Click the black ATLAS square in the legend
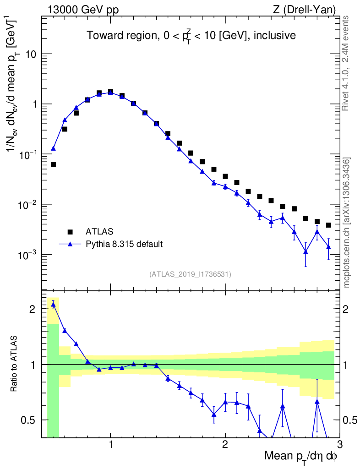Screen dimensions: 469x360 coord(70,231)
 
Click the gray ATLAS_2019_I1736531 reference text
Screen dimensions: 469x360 coord(190,274)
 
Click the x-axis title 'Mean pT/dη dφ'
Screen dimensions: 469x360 coord(301,457)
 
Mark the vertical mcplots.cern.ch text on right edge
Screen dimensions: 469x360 coord(347,223)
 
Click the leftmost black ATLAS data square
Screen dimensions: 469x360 coord(53,164)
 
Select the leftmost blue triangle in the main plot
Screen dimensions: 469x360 coord(53,148)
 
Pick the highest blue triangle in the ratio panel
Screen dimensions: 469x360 coord(53,305)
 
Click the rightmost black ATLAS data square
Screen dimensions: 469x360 coord(328,225)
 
